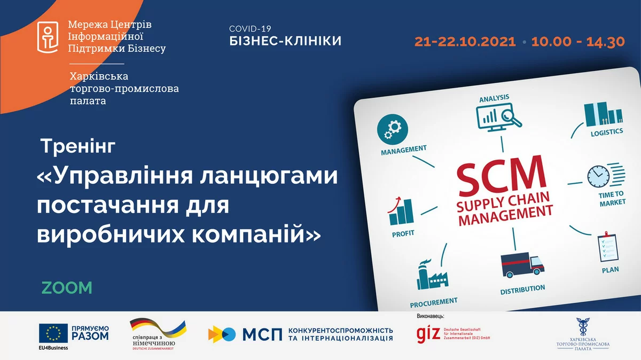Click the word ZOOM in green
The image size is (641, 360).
67,287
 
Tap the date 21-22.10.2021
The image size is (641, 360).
465,42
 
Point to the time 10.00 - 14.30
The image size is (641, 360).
577,42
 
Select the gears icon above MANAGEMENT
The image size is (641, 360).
396,128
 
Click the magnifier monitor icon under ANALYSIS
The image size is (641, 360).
498,118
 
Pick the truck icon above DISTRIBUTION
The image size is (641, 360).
521,264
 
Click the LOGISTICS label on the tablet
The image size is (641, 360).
606,131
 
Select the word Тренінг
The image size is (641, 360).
77,146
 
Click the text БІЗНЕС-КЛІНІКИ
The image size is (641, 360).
285,41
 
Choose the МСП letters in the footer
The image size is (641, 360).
262,334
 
